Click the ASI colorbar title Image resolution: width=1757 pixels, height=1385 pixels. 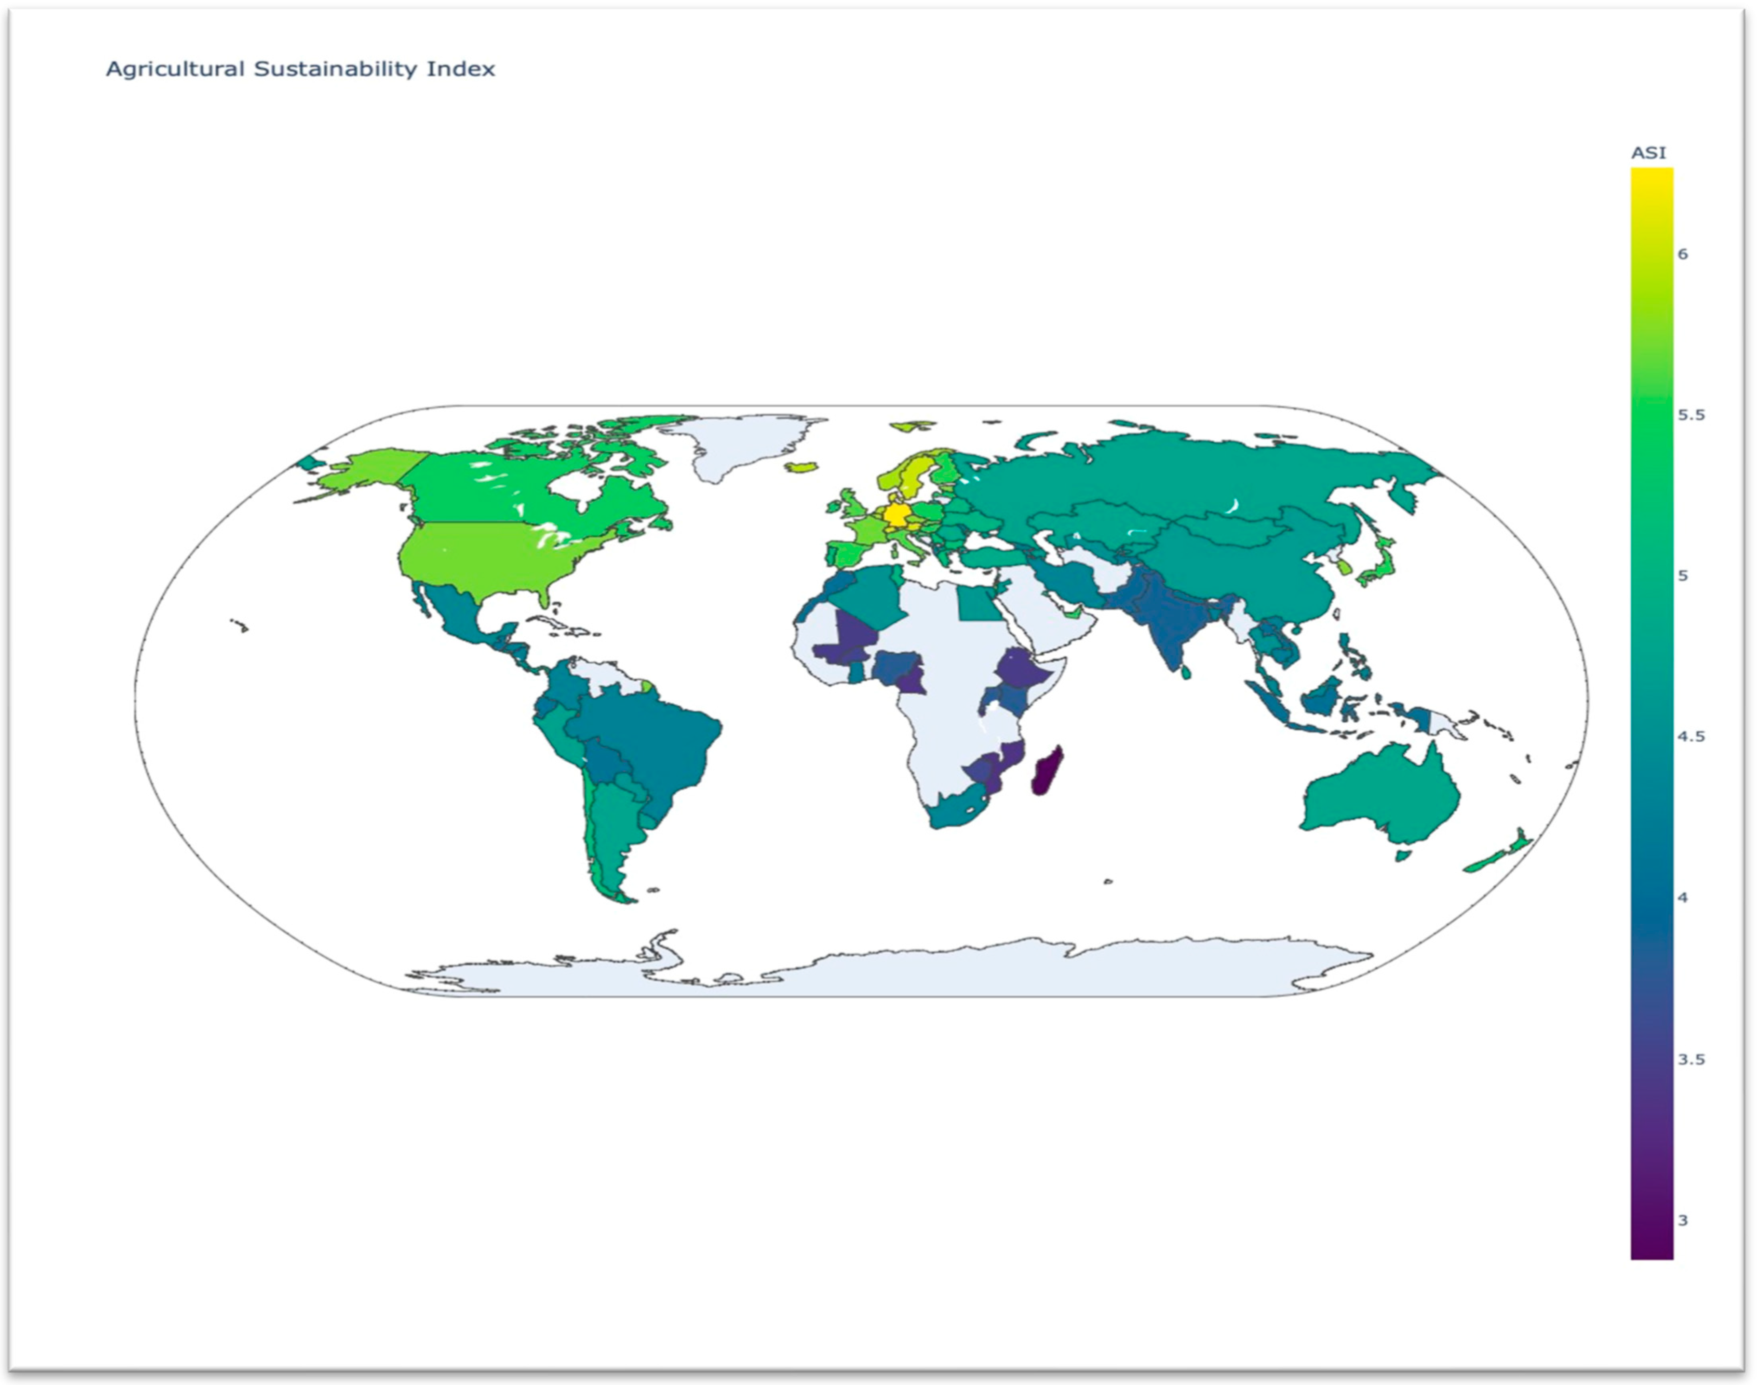click(x=1648, y=152)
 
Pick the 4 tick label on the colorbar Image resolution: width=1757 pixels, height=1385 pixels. click(x=1682, y=898)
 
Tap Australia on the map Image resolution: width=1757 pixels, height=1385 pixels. click(x=1379, y=795)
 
